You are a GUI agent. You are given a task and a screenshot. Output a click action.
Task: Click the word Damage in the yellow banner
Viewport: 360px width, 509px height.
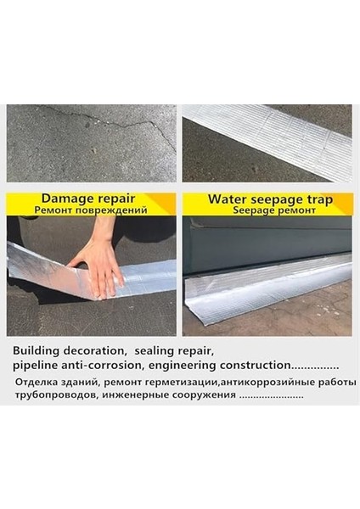coord(59,199)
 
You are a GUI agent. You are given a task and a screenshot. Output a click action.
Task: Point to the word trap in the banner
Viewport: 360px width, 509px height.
coord(318,200)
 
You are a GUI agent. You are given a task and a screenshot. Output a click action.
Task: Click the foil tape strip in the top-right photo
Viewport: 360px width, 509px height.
coord(272,136)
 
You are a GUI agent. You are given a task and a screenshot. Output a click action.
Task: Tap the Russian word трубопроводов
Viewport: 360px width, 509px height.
coord(56,394)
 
